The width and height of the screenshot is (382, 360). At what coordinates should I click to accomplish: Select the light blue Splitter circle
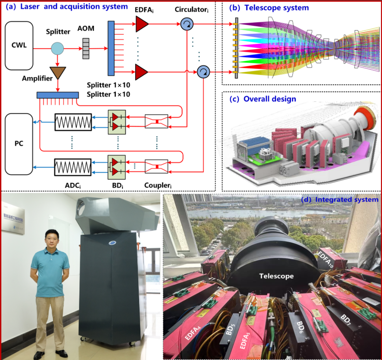click(x=58, y=49)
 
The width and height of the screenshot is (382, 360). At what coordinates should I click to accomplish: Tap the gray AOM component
click(x=88, y=49)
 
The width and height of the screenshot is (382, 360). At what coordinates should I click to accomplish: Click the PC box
click(x=19, y=144)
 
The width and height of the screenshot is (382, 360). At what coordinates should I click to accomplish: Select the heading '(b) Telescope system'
click(x=268, y=8)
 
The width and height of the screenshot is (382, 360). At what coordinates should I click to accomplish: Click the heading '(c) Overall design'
click(x=263, y=99)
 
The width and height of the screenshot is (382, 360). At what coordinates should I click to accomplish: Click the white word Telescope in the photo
click(x=276, y=276)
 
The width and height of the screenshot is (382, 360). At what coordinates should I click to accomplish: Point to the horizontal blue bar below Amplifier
click(x=57, y=95)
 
